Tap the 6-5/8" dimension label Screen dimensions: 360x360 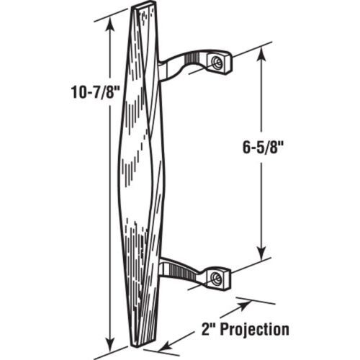[x=261, y=147]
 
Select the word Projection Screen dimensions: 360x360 [x=255, y=330]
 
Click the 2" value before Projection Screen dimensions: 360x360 [x=208, y=328]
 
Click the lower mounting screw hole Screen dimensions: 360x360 [x=217, y=278]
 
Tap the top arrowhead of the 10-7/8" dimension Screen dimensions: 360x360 [x=110, y=24]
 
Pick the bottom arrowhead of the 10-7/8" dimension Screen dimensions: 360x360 [x=110, y=345]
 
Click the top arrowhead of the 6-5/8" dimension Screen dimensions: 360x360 [x=261, y=54]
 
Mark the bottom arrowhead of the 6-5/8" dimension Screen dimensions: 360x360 [x=261, y=253]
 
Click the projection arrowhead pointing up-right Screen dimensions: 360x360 [x=244, y=305]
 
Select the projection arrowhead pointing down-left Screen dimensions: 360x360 [x=166, y=346]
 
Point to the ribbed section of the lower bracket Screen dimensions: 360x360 [x=182, y=271]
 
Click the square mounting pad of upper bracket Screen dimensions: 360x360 [x=220, y=63]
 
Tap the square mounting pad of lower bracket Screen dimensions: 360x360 [x=218, y=279]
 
